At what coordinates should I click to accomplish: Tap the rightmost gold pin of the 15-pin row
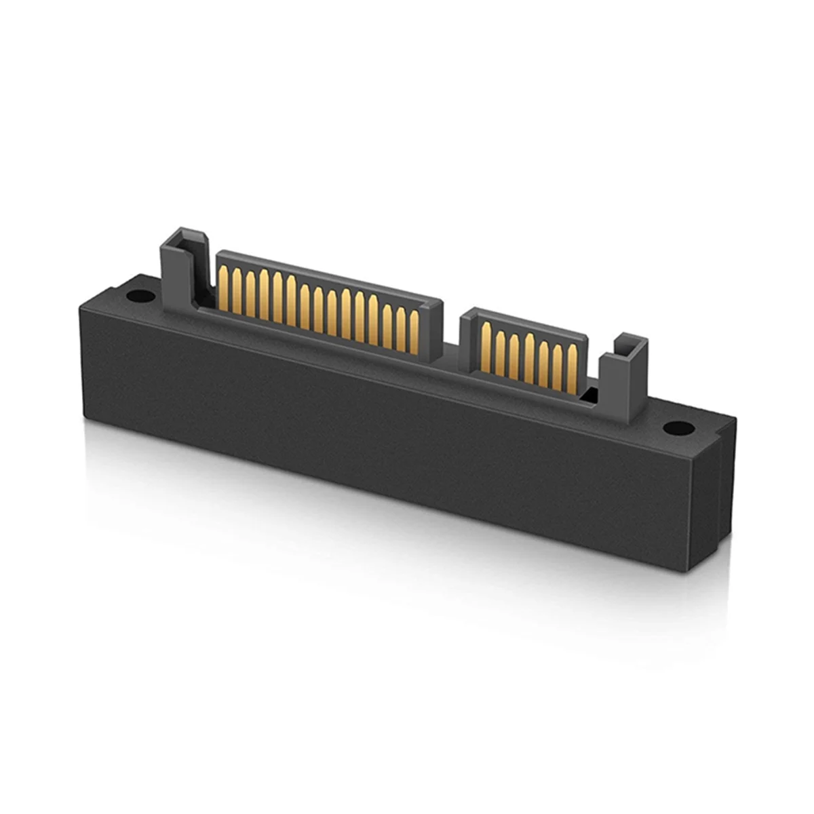[x=414, y=333]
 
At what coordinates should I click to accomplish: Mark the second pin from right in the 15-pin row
[x=400, y=330]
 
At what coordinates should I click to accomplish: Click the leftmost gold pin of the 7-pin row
[x=485, y=349]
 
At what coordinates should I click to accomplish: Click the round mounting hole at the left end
[x=138, y=296]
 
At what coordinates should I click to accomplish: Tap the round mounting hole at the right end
[x=676, y=428]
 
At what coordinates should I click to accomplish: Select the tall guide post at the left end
[x=178, y=271]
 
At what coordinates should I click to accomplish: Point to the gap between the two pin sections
[x=452, y=339]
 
